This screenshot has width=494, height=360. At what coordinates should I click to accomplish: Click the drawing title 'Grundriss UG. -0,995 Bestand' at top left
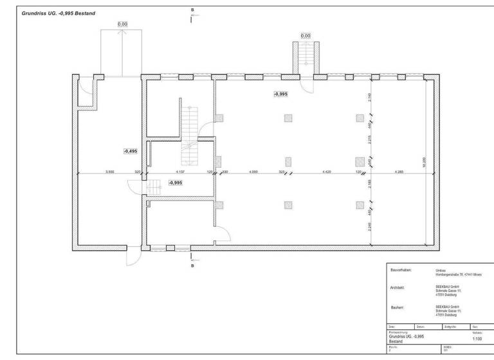pyautogui.click(x=59, y=14)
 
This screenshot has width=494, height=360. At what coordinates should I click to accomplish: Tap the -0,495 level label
pyautogui.click(x=130, y=151)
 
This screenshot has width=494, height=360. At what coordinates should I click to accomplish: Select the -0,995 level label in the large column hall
pyautogui.click(x=280, y=94)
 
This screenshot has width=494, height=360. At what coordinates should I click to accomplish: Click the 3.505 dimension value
pyautogui.click(x=109, y=172)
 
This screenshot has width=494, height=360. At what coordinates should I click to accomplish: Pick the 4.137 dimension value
pyautogui.click(x=180, y=172)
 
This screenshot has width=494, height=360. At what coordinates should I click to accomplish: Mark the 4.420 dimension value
pyautogui.click(x=325, y=172)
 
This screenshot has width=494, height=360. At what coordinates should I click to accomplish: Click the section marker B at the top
pyautogui.click(x=192, y=10)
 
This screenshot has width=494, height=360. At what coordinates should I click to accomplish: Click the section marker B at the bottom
pyautogui.click(x=192, y=264)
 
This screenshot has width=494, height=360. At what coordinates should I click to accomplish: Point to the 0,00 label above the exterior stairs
pyautogui.click(x=306, y=36)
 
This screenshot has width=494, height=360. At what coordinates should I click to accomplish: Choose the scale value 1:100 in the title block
pyautogui.click(x=477, y=337)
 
